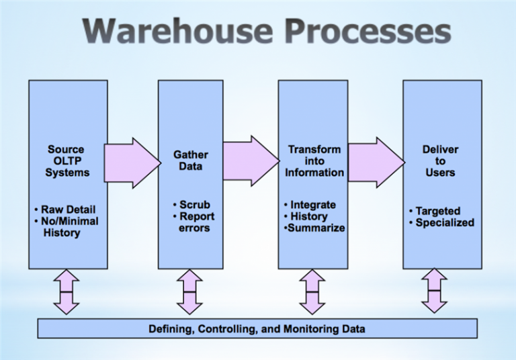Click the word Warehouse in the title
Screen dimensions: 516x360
(177, 31)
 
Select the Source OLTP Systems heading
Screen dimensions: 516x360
(67, 161)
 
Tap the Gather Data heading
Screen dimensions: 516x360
(191, 161)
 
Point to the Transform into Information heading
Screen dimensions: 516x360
(314, 161)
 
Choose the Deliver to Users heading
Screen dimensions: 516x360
(440, 161)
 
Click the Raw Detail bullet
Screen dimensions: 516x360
(64, 210)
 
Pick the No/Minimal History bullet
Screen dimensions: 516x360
(66, 227)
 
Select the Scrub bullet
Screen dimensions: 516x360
(191, 205)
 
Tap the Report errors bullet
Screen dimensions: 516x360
(193, 222)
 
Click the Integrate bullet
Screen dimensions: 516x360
(310, 205)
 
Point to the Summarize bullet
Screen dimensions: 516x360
(314, 228)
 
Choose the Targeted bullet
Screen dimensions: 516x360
(435, 211)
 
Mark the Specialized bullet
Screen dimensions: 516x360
(441, 222)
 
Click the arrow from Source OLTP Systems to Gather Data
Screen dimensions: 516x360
(132, 163)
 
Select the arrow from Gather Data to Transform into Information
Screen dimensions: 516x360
(251, 161)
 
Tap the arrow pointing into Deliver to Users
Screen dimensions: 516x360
(376, 163)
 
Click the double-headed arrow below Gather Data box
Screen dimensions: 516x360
(189, 292)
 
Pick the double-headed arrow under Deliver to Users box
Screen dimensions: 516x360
(435, 291)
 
